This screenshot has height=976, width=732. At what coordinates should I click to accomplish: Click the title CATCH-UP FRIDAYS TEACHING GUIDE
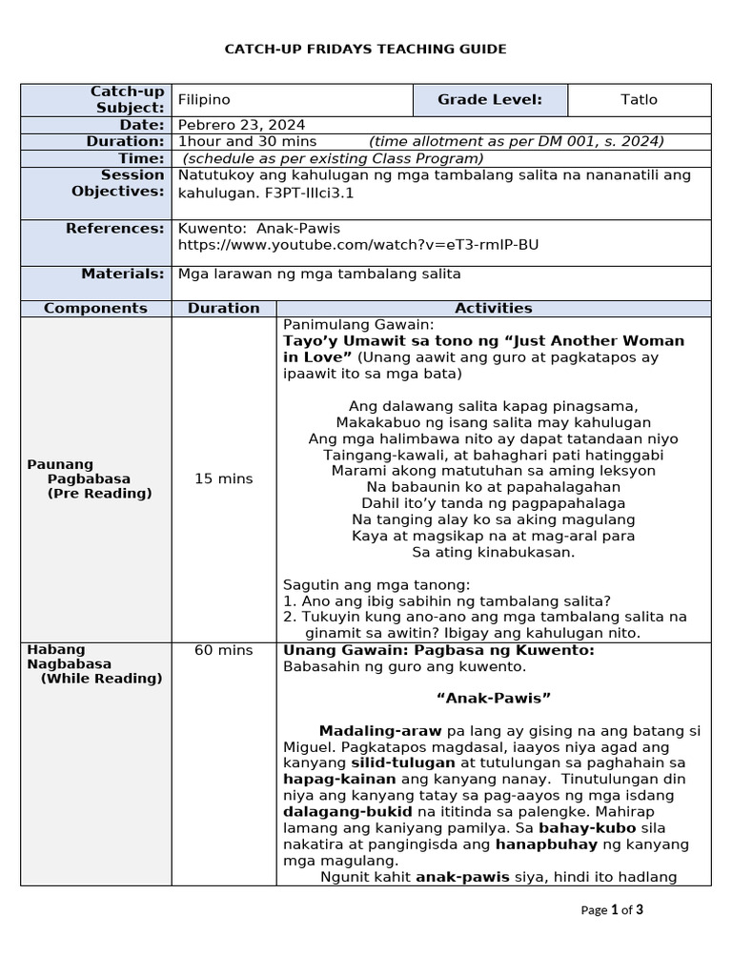pos(365,49)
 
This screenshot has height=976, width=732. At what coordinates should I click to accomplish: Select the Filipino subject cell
pos(204,100)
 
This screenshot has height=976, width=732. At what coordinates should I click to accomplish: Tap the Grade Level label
pos(489,100)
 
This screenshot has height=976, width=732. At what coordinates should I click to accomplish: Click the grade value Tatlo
pos(639,100)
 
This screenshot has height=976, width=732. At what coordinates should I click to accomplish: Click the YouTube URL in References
pos(358,245)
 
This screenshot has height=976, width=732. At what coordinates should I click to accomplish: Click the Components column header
pos(95,308)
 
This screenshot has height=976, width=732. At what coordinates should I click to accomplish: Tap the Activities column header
pos(493,308)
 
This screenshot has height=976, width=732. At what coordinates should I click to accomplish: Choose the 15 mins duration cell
pos(223,478)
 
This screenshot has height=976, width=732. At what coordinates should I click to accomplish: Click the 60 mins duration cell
pos(223,650)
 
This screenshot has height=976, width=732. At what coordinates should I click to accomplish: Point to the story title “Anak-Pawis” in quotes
pos(493,699)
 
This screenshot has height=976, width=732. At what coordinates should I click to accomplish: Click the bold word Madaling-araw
pos(380,731)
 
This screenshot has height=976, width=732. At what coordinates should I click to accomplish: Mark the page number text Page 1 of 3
pos(612,910)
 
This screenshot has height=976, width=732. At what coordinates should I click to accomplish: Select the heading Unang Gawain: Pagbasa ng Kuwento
pos(438,650)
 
